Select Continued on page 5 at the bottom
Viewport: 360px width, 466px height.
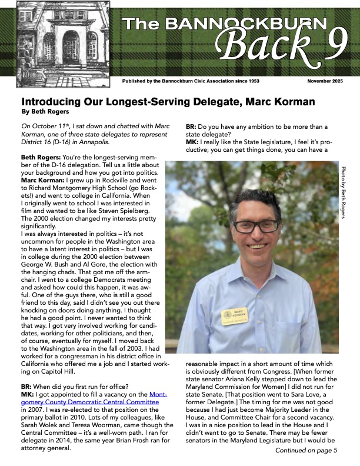pos(306,451)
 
